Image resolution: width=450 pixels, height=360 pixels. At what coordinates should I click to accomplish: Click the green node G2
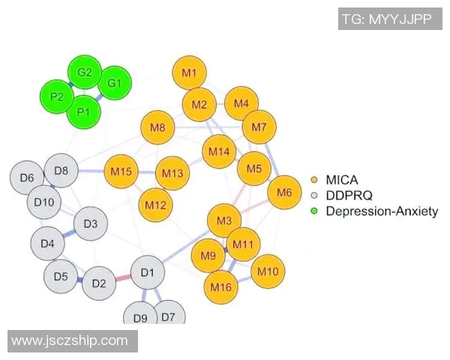click(x=84, y=73)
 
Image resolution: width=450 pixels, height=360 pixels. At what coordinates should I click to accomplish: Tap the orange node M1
click(x=189, y=73)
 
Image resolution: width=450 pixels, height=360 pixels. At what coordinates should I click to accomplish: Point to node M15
click(x=121, y=172)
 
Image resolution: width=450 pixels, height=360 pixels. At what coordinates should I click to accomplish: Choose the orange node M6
click(x=284, y=193)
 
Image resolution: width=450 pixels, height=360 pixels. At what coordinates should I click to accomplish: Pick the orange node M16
click(x=220, y=286)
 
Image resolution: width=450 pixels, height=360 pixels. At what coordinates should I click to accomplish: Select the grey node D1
click(x=147, y=271)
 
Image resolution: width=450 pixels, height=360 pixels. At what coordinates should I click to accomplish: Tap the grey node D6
click(x=27, y=178)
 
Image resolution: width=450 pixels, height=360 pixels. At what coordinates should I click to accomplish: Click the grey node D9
click(x=140, y=317)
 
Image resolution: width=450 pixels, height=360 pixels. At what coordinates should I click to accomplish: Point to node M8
click(x=157, y=128)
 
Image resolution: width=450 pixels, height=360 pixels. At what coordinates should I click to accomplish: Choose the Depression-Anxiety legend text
click(x=381, y=211)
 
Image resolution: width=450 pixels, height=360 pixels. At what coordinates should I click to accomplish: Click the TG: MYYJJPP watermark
click(x=386, y=19)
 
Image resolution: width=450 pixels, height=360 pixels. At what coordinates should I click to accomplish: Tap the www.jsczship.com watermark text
click(x=70, y=340)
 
